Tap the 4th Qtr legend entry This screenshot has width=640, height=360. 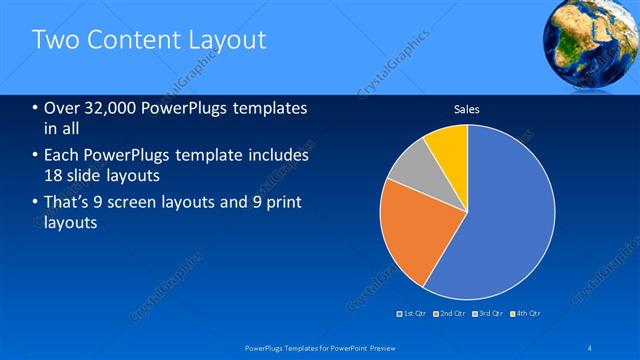click(527, 313)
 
